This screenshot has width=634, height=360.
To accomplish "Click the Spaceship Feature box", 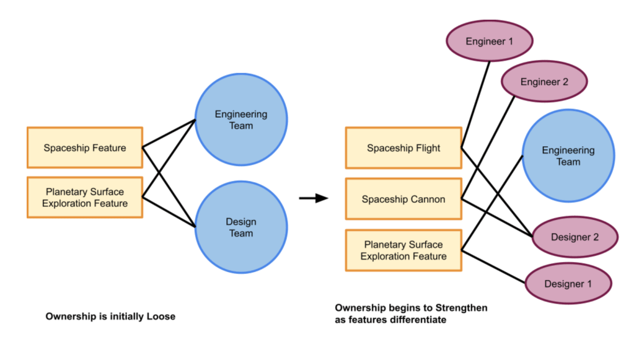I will pyautogui.click(x=85, y=147).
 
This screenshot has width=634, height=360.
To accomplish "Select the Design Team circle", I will pyautogui.click(x=241, y=227).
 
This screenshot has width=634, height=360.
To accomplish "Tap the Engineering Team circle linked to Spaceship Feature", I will pyautogui.click(x=241, y=120).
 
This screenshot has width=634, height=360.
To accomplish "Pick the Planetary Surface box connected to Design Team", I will pyautogui.click(x=85, y=198).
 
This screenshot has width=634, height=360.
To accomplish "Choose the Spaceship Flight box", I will pyautogui.click(x=403, y=148).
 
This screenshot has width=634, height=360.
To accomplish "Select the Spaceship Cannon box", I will pyautogui.click(x=403, y=199).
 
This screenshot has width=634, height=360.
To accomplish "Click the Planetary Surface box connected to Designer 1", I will pyautogui.click(x=403, y=250).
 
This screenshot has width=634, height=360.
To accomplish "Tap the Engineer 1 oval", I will pyautogui.click(x=490, y=42).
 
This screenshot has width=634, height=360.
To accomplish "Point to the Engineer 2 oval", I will pyautogui.click(x=544, y=81).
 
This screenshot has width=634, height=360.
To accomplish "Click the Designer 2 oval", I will pyautogui.click(x=575, y=237).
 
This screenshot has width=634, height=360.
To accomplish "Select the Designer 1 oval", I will pyautogui.click(x=568, y=284).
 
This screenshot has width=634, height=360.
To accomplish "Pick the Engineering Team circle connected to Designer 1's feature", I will pyautogui.click(x=568, y=156).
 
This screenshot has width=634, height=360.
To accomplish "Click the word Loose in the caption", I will pyautogui.click(x=161, y=317).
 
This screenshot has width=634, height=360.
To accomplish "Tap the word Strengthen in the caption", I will pyautogui.click(x=458, y=308).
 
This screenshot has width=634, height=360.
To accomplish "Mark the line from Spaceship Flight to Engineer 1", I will pyautogui.click(x=475, y=104).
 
